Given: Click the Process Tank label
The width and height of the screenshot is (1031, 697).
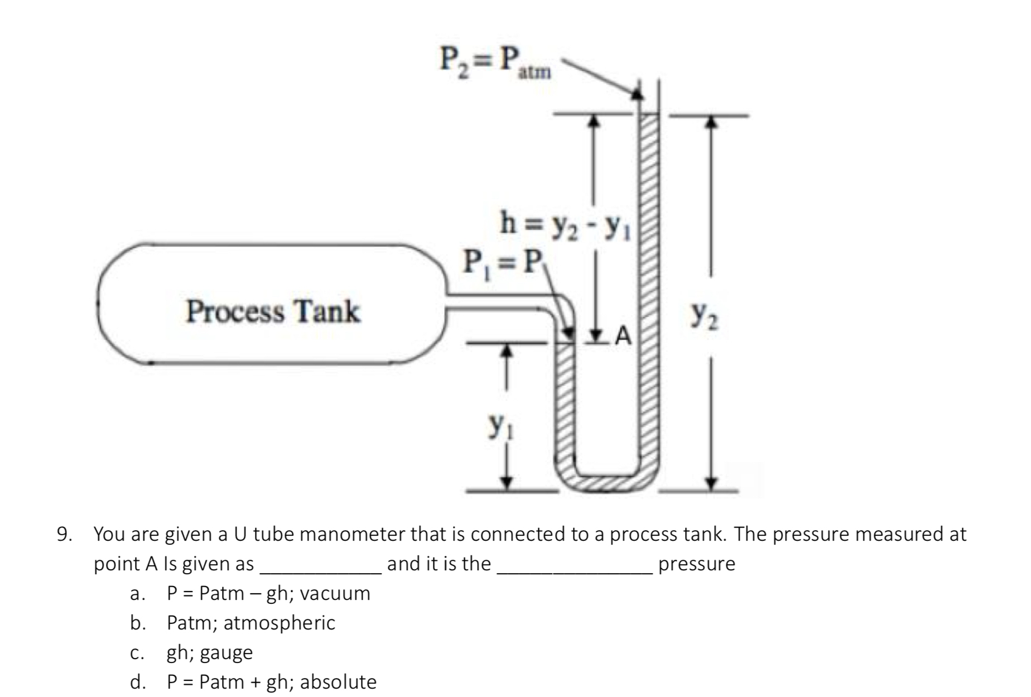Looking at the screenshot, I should [273, 311].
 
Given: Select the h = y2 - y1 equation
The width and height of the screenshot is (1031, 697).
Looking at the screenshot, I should [565, 224].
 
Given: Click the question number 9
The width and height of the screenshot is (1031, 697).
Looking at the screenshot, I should [64, 535].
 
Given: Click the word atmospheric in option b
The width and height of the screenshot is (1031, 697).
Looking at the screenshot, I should [279, 623].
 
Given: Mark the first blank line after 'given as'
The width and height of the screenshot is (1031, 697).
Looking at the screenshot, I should [321, 571].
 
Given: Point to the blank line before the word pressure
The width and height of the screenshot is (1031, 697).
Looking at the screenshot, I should [575, 571].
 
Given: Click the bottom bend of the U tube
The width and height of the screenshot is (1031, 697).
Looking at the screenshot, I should [607, 481].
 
